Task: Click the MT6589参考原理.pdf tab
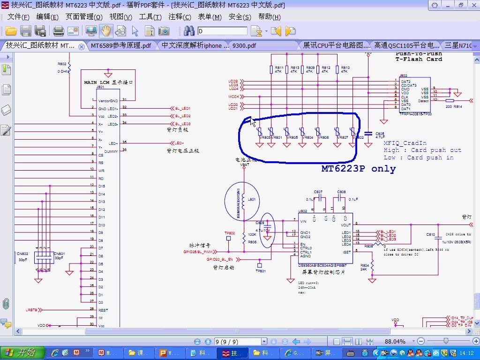(x=120, y=45)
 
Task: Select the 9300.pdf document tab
(x=244, y=45)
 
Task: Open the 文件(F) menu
(x=18, y=17)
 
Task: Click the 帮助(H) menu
(x=269, y=17)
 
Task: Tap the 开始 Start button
(x=22, y=352)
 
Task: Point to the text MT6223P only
(x=358, y=169)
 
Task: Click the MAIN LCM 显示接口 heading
(x=108, y=82)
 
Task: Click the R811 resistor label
(x=279, y=68)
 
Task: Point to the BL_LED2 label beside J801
(x=183, y=116)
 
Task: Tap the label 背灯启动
(x=224, y=268)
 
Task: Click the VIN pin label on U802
(x=303, y=221)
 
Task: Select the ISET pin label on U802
(x=346, y=252)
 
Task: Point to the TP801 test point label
(x=260, y=271)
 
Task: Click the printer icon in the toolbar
(x=58, y=31)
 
